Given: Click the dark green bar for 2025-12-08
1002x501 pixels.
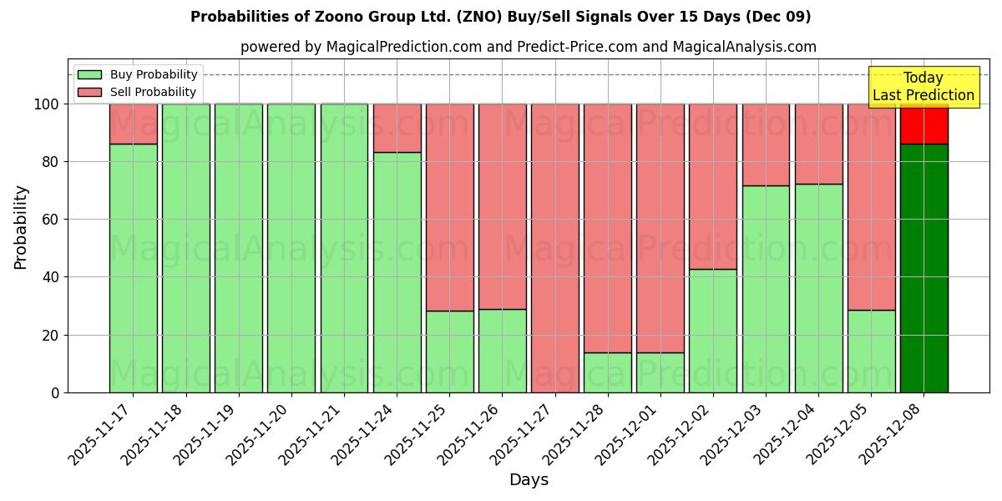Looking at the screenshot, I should tap(924, 267).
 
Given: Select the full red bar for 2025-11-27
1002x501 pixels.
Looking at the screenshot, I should tap(554, 248).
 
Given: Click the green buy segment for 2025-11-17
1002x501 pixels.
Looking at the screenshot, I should tap(133, 267).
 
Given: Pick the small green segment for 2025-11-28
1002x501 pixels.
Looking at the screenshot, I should tap(607, 372).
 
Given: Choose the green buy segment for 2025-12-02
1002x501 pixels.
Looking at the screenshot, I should tap(712, 331).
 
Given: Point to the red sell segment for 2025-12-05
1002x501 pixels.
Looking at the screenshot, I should tap(871, 206).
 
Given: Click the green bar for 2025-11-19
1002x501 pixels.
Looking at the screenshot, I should tap(238, 248).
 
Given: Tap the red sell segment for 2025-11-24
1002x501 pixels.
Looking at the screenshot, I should tap(397, 128).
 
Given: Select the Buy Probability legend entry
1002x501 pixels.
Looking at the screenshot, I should tap(138, 74).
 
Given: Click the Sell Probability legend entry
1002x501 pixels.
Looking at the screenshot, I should tap(138, 92).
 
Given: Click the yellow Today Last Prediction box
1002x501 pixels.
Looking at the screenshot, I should tap(924, 87).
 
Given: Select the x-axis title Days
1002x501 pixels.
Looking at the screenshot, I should tap(529, 480).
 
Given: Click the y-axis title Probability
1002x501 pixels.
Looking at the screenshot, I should tap(21, 226).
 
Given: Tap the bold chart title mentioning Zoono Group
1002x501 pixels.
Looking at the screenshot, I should tap(500, 17).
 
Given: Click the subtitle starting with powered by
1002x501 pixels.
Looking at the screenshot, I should tap(528, 47).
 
